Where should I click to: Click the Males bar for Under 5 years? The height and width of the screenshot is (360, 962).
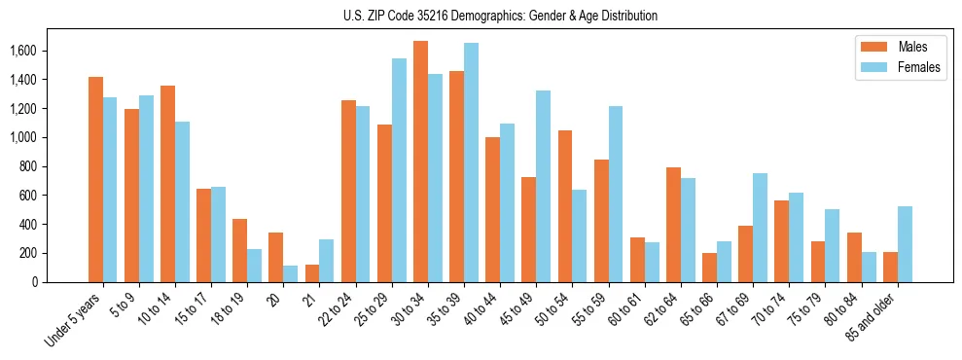pyautogui.click(x=95, y=180)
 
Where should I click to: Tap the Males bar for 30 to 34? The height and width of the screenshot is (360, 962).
pyautogui.click(x=420, y=162)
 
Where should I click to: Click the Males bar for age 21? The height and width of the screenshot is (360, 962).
pyautogui.click(x=312, y=273)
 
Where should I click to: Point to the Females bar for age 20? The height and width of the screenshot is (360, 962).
pyautogui.click(x=290, y=273)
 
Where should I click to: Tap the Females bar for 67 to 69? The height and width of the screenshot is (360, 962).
pyautogui.click(x=760, y=228)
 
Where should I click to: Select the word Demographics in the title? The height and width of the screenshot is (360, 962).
pyautogui.click(x=499, y=16)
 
